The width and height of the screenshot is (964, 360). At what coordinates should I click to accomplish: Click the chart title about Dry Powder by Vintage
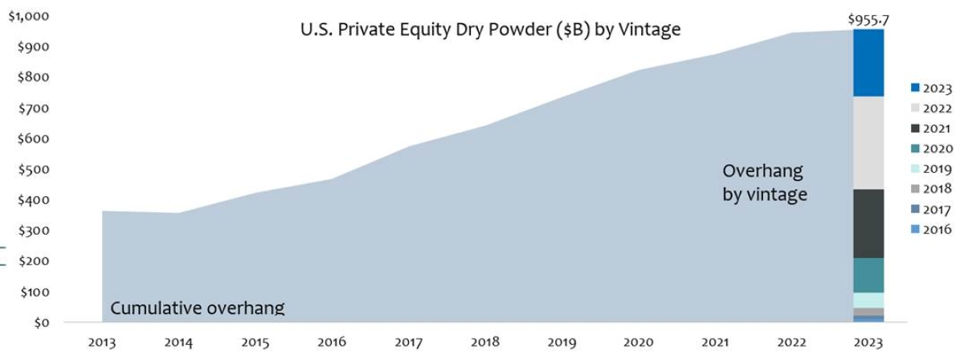[490, 30]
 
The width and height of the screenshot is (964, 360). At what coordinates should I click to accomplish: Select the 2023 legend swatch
[915, 88]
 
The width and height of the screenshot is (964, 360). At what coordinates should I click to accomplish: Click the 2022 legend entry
[932, 108]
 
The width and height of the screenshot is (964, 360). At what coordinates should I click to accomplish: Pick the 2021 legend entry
[932, 129]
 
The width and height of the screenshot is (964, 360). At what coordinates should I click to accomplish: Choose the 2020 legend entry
[932, 149]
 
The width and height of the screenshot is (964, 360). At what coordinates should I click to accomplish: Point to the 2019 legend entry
[932, 169]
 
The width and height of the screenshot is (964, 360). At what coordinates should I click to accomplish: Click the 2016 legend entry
[932, 229]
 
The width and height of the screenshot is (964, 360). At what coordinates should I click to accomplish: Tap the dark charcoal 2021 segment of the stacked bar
[868, 223]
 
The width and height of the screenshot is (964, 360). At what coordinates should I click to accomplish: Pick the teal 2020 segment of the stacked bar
[868, 275]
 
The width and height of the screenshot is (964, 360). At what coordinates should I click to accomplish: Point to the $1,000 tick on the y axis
[28, 17]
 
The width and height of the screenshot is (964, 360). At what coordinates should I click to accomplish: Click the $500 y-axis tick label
[32, 170]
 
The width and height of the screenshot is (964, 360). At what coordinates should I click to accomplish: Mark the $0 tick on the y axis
[39, 322]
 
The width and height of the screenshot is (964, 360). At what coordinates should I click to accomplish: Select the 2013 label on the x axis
[102, 342]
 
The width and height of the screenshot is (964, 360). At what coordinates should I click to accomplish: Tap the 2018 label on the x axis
[485, 342]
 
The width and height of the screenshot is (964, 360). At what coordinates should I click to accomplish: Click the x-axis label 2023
[868, 342]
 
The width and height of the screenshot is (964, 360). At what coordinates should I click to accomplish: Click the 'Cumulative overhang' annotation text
[198, 308]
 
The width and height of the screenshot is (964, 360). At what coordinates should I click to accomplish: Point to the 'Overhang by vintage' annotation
[764, 182]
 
